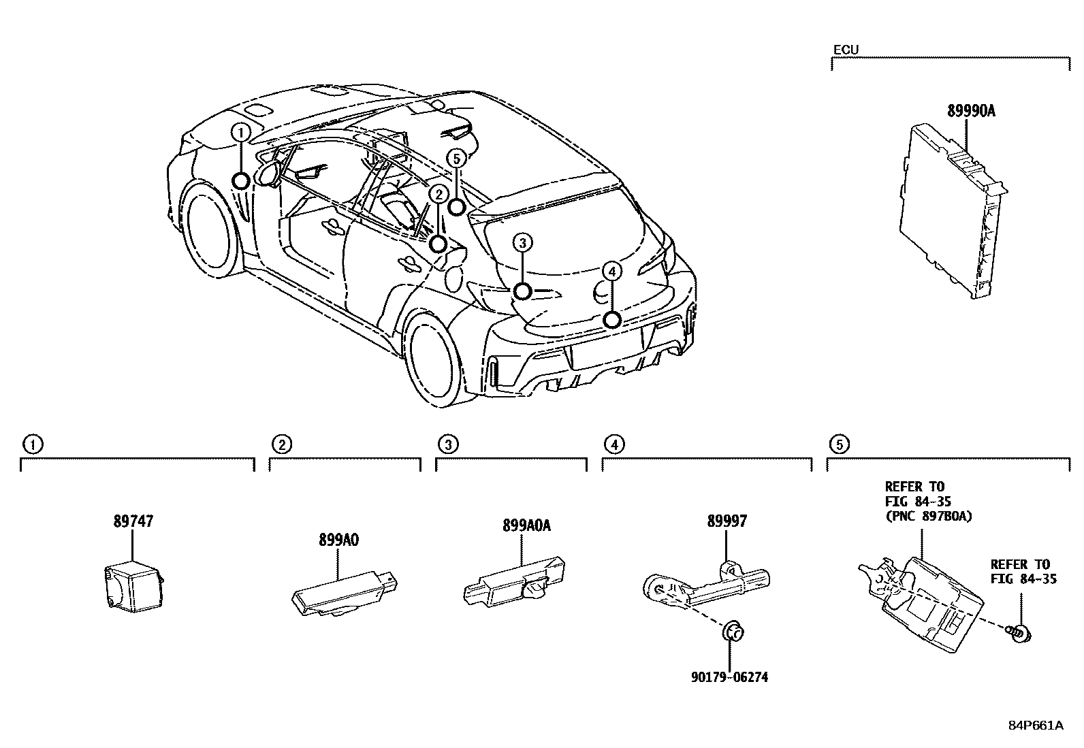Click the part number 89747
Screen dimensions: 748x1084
(x=133, y=521)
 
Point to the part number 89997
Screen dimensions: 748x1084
(x=727, y=521)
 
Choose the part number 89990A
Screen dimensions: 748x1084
(x=971, y=111)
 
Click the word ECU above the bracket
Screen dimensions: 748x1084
(x=846, y=49)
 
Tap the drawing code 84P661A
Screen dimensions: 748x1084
(x=1035, y=726)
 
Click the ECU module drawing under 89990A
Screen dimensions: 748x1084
(x=950, y=210)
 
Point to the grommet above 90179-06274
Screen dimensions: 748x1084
(x=731, y=631)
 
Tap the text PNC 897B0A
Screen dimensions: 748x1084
(x=928, y=516)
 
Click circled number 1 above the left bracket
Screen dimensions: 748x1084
(x=31, y=445)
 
